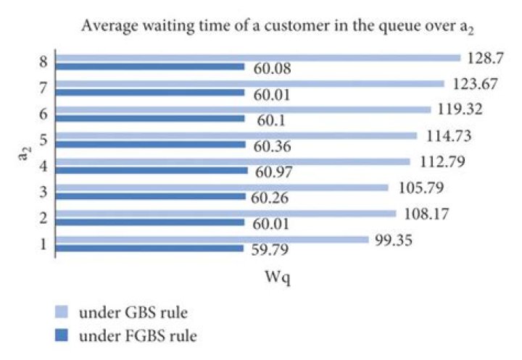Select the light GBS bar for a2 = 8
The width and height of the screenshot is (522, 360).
pyautogui.click(x=257, y=57)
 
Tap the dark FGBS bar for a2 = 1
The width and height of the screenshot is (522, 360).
pyautogui.click(x=149, y=248)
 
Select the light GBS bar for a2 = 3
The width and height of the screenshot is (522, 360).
pyautogui.click(x=222, y=188)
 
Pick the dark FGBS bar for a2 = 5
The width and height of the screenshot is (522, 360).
pyautogui.click(x=150, y=144)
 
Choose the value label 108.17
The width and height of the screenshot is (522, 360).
pyautogui.click(x=425, y=214)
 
